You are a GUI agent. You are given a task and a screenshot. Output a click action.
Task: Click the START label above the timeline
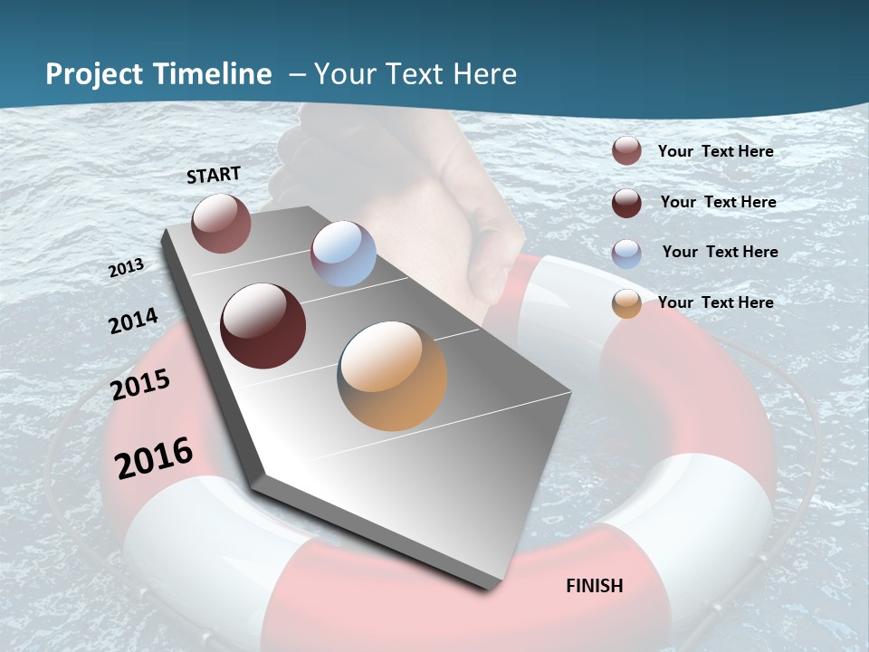coord(214,175)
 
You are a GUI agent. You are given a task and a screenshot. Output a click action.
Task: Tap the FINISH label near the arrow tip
coord(594,586)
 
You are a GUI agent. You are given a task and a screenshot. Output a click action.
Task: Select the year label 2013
coord(126,268)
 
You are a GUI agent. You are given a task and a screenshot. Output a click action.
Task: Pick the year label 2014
coord(133,321)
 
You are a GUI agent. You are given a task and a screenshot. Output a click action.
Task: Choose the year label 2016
coord(154,457)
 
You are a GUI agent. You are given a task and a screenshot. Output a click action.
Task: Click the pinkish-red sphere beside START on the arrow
coord(221,223)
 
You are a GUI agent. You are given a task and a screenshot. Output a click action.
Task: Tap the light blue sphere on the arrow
coord(343,254)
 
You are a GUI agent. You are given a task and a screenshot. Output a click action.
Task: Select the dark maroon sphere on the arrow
coord(263,326)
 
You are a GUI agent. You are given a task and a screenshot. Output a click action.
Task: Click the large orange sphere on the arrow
coord(392,376)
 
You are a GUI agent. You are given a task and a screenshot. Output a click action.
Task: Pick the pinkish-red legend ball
coord(626,151)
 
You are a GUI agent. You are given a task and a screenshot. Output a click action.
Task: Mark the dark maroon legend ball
coord(626,203)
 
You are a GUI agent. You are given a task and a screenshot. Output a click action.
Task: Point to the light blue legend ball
coord(626,254)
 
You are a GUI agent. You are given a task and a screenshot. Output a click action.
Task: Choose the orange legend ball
coord(626,304)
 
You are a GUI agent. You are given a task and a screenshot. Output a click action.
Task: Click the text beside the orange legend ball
coord(715,302)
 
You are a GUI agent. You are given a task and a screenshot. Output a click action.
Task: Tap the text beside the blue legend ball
coord(720,252)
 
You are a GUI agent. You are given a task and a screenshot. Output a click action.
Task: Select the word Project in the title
coord(93,74)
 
